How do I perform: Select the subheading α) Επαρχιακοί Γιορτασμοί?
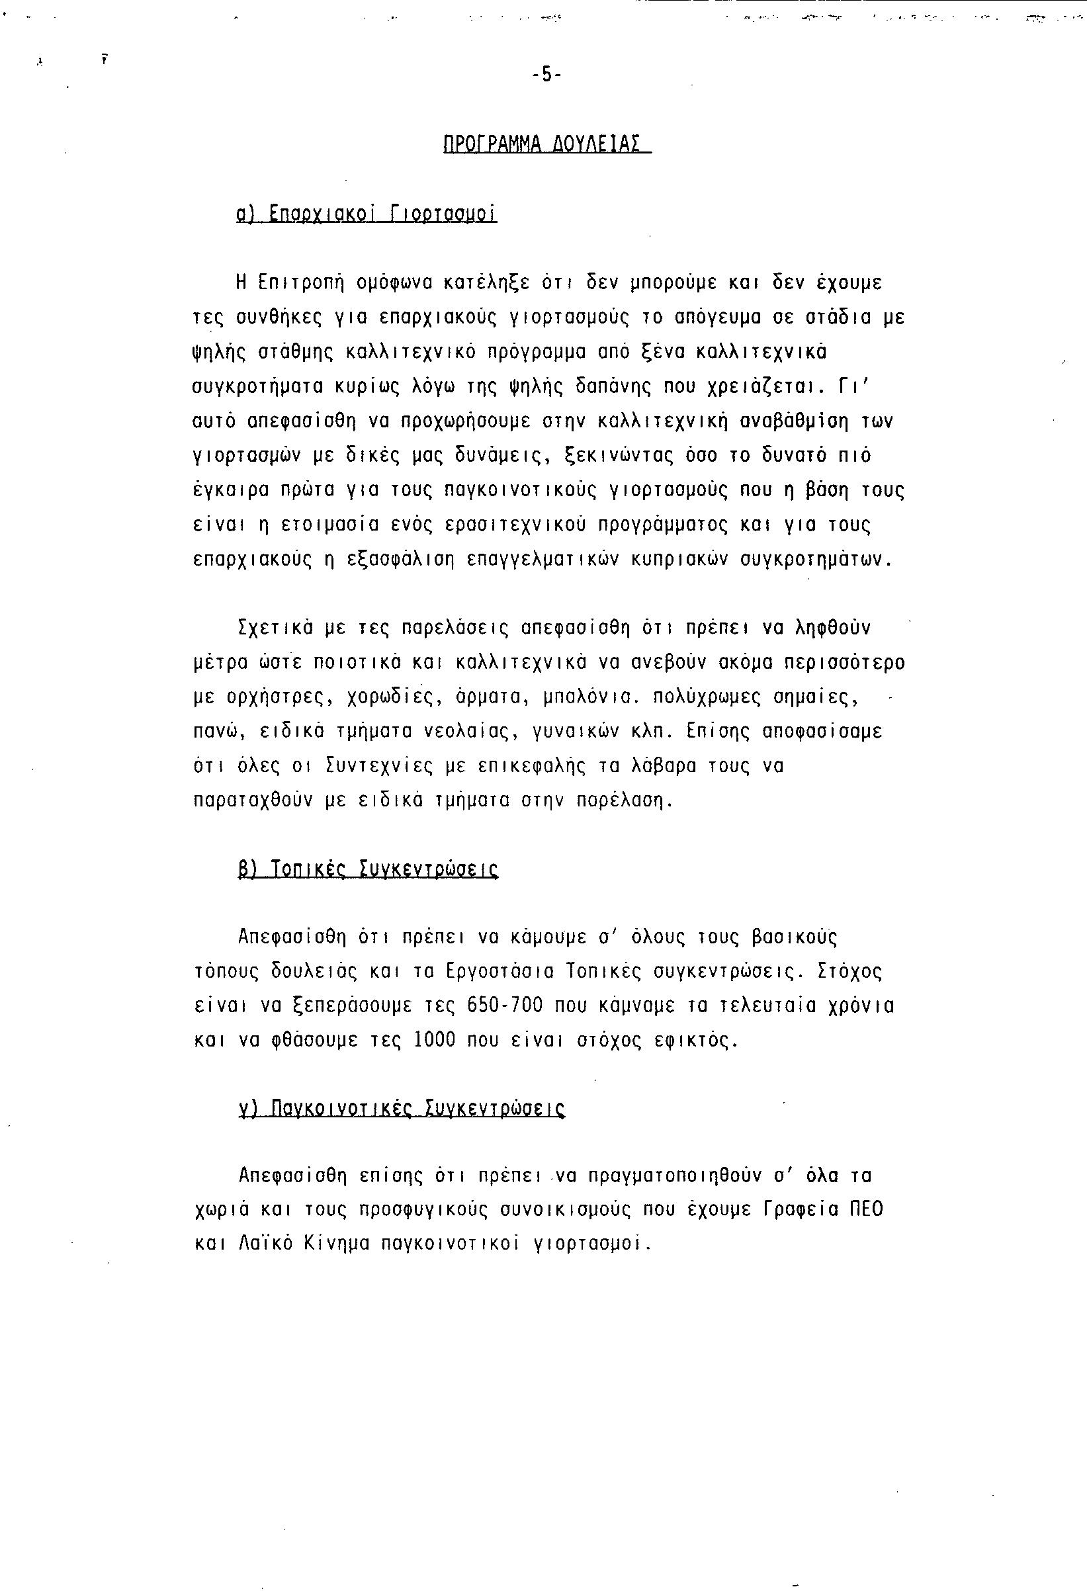point(367,214)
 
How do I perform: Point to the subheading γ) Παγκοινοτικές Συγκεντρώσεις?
point(401,1108)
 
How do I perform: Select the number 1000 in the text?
point(435,1041)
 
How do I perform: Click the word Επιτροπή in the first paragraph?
point(300,282)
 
